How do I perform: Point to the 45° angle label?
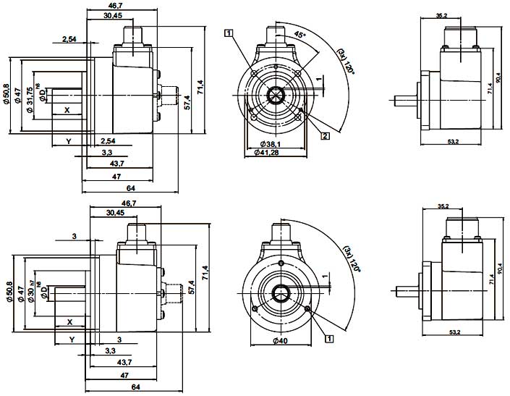pos(299,35)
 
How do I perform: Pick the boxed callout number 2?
pos(326,135)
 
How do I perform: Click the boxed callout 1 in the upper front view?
pos(229,33)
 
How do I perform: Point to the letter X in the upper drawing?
pos(67,110)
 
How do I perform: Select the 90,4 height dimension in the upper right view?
pos(498,76)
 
